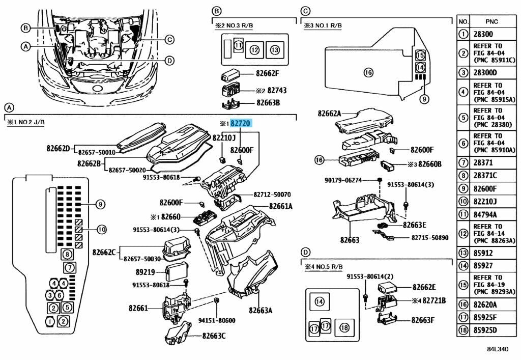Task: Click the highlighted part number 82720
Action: [x=242, y=123]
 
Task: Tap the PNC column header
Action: [x=491, y=21]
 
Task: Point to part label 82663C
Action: [x=214, y=336]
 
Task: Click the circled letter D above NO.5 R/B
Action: [x=305, y=252]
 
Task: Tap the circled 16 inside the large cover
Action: [x=368, y=72]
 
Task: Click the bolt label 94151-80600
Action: [x=217, y=320]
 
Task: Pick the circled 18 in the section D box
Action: [x=344, y=328]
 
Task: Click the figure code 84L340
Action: [x=497, y=350]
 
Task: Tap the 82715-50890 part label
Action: [x=430, y=237]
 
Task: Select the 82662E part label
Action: [x=425, y=287]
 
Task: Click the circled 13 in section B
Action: [x=275, y=50]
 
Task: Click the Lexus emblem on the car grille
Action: [x=95, y=89]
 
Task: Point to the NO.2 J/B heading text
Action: [x=27, y=123]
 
